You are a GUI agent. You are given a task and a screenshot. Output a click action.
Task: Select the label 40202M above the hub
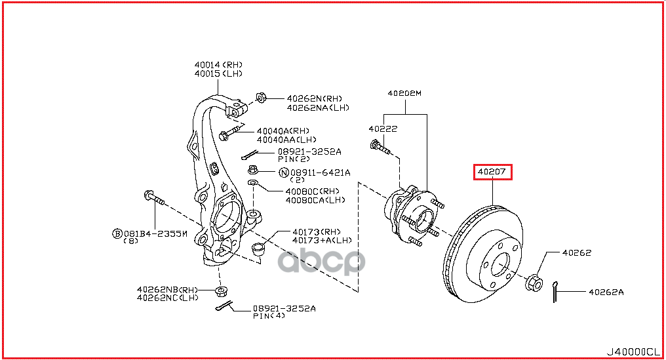click(x=404, y=94)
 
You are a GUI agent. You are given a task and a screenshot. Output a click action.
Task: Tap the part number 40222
click(x=383, y=129)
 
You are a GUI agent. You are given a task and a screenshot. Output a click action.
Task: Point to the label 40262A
click(x=606, y=292)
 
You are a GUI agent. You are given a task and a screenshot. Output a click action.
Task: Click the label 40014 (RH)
click(x=218, y=65)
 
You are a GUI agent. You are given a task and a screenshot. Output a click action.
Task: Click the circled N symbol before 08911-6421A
click(x=284, y=173)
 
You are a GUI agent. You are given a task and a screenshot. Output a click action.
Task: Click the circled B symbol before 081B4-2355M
click(x=117, y=233)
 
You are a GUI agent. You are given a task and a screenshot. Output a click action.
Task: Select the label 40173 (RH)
click(x=317, y=231)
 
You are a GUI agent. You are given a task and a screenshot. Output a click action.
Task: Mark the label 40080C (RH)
click(x=313, y=191)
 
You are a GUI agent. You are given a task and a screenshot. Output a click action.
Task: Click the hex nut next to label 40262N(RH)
click(x=260, y=98)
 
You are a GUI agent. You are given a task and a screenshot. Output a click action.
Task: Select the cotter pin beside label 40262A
click(x=556, y=289)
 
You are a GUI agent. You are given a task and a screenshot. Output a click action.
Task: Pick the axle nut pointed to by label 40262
click(x=533, y=283)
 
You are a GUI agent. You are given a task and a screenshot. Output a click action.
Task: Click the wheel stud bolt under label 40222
click(x=380, y=148)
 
